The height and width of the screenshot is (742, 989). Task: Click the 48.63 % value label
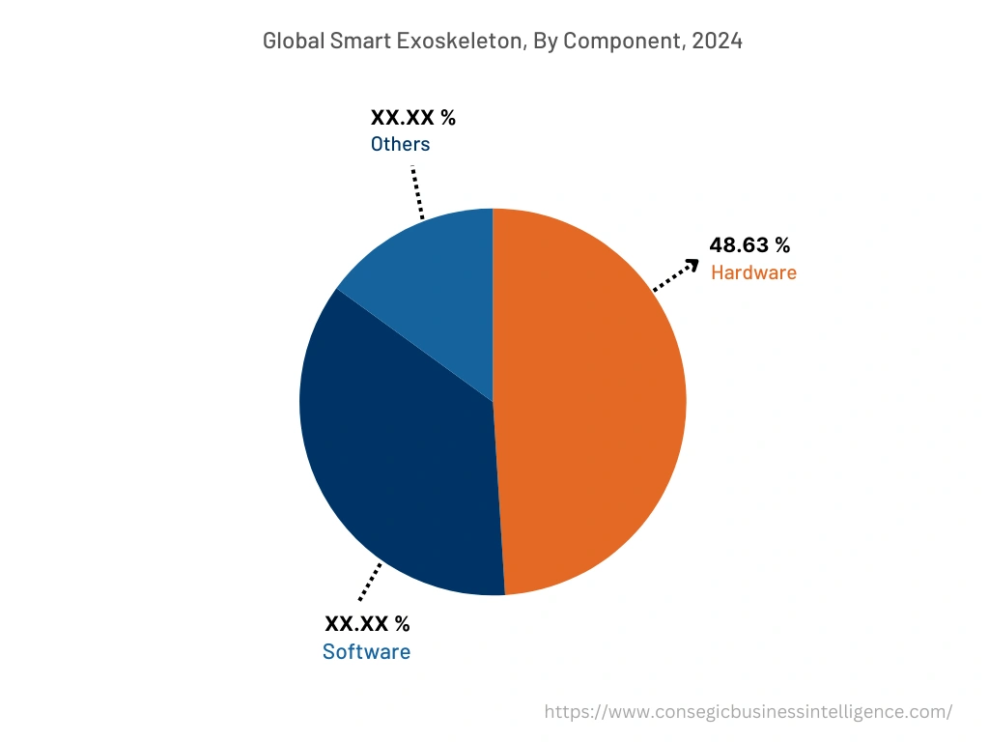pos(749,245)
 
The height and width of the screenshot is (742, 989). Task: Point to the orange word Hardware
pos(753,272)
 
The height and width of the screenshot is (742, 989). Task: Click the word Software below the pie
pos(366,652)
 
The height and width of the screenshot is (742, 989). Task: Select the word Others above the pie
pos(400,144)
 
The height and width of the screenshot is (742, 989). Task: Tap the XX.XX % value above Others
pos(412,118)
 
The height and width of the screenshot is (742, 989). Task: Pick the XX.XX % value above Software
pos(367,624)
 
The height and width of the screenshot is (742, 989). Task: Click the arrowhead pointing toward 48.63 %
pos(692,264)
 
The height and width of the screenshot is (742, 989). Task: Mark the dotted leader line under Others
pos(417,192)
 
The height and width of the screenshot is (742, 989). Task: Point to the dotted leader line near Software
pos(369,583)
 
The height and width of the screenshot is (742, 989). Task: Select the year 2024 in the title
pos(718,42)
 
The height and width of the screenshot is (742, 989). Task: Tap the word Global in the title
pos(292,42)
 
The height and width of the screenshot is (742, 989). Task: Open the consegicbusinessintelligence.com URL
pos(748,712)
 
